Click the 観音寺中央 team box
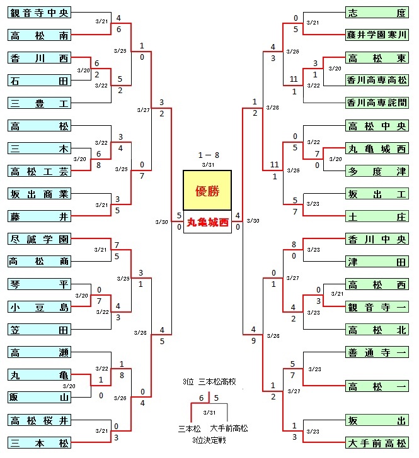point(39,13)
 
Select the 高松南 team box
point(39,35)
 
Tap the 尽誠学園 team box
point(39,239)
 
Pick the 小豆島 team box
point(39,307)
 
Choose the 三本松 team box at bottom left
point(39,443)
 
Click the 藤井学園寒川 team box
point(377,35)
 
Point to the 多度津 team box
point(377,171)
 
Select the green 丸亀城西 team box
point(377,148)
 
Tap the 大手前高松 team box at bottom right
point(377,443)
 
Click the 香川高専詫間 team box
point(377,103)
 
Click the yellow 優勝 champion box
point(207,191)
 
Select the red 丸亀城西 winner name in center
point(207,222)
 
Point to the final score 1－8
point(209,155)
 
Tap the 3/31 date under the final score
point(208,165)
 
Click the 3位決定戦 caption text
point(209,440)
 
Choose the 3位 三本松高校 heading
point(209,382)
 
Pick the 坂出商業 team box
point(39,194)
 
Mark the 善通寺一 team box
point(377,352)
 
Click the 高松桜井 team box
point(39,420)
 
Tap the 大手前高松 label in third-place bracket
point(229,428)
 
